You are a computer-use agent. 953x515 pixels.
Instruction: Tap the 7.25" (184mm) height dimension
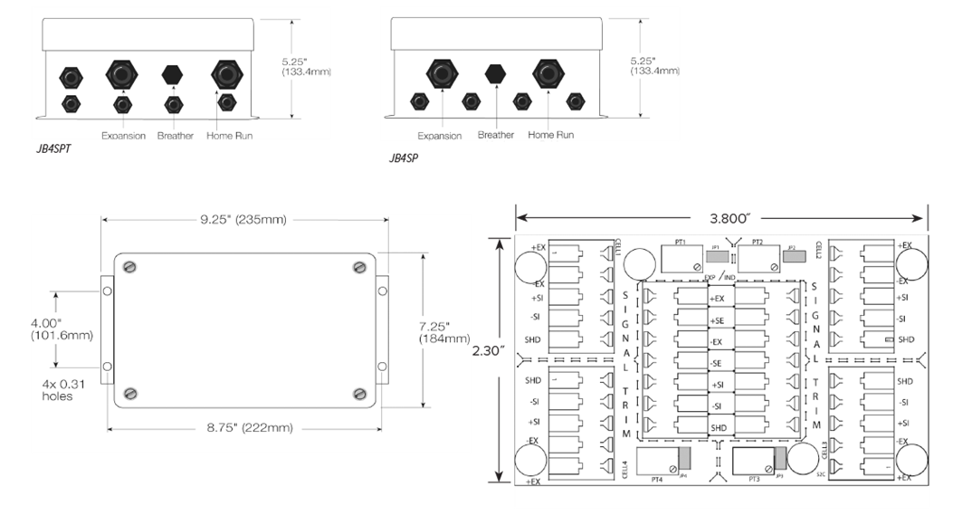[x=443, y=331]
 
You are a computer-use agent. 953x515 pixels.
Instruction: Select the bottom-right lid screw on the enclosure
[x=360, y=393]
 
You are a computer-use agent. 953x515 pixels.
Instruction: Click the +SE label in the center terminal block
[x=718, y=320]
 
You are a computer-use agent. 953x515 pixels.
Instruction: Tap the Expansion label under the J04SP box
[x=440, y=136]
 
